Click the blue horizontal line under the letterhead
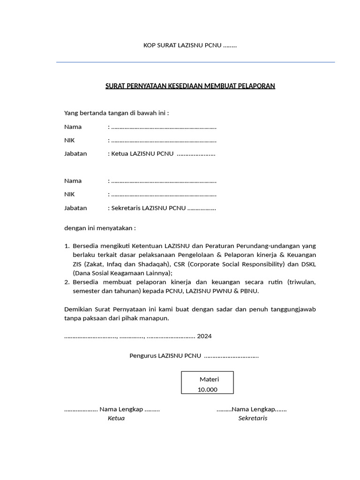pyautogui.click(x=195, y=62)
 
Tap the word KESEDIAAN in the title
pyautogui.click(x=180, y=86)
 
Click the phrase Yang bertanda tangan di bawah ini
pyautogui.click(x=116, y=113)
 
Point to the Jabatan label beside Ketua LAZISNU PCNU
pyautogui.click(x=75, y=153)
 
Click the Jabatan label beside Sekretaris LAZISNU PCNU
pyautogui.click(x=75, y=208)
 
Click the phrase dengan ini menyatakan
pyautogui.click(x=99, y=228)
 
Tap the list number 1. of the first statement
pyautogui.click(x=67, y=246)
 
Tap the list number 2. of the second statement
pyautogui.click(x=67, y=282)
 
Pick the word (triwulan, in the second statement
pyautogui.click(x=302, y=282)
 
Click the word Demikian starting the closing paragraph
pyautogui.click(x=78, y=309)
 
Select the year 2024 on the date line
pyautogui.click(x=204, y=336)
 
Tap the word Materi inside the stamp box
pyautogui.click(x=209, y=379)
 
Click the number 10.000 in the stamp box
pyautogui.click(x=207, y=390)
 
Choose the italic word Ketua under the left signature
pyautogui.click(x=116, y=418)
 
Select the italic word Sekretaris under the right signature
pyautogui.click(x=253, y=418)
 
